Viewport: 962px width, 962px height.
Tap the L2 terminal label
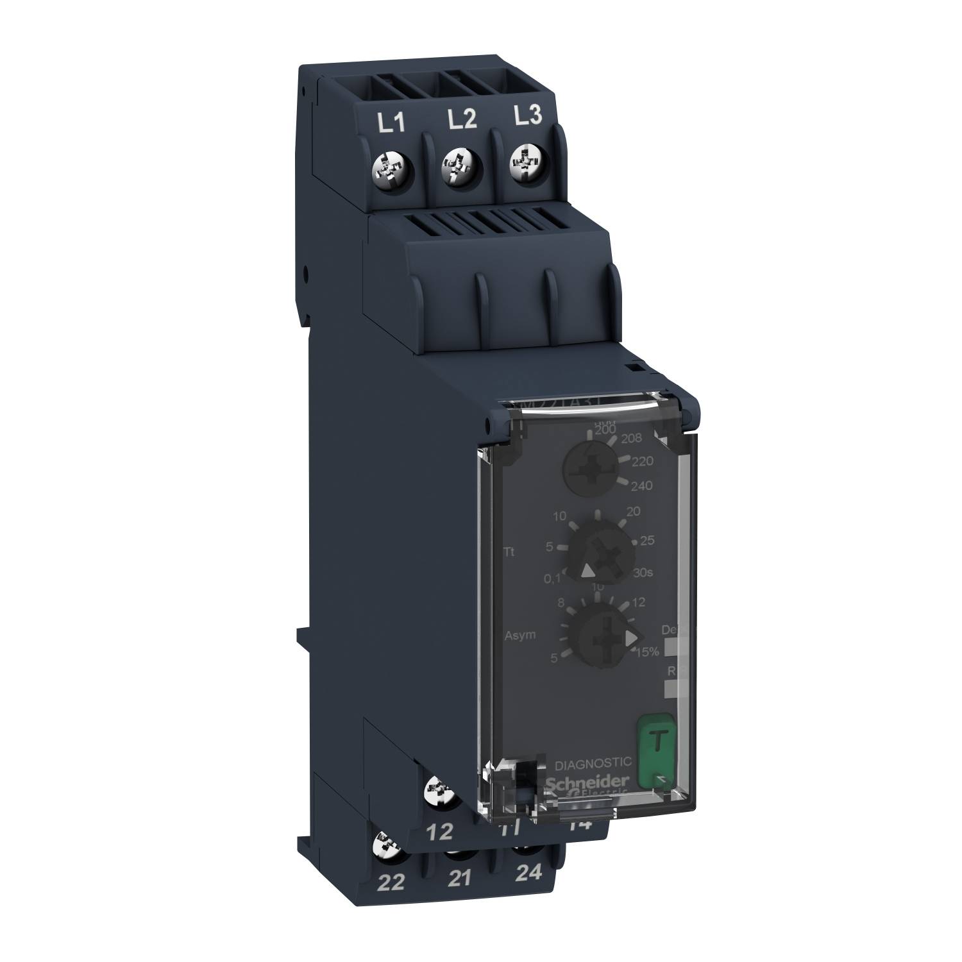(462, 119)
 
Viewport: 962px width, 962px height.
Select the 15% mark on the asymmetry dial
(646, 652)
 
